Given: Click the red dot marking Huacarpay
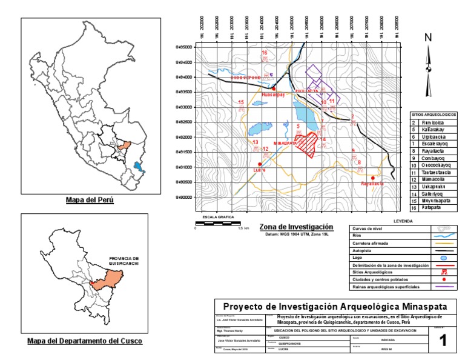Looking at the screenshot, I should [x=274, y=88].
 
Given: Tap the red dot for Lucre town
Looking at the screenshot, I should [x=260, y=164].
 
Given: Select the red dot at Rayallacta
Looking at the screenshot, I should [x=372, y=178].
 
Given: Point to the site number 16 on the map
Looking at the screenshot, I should [x=264, y=53].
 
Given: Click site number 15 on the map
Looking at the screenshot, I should [x=241, y=102].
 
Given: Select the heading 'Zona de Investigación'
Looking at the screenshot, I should [x=296, y=226].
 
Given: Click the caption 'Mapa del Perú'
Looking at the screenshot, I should [x=90, y=199].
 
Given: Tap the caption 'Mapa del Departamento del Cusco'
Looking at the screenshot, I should [x=85, y=341].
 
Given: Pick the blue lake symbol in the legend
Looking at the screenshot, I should [x=444, y=258].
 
